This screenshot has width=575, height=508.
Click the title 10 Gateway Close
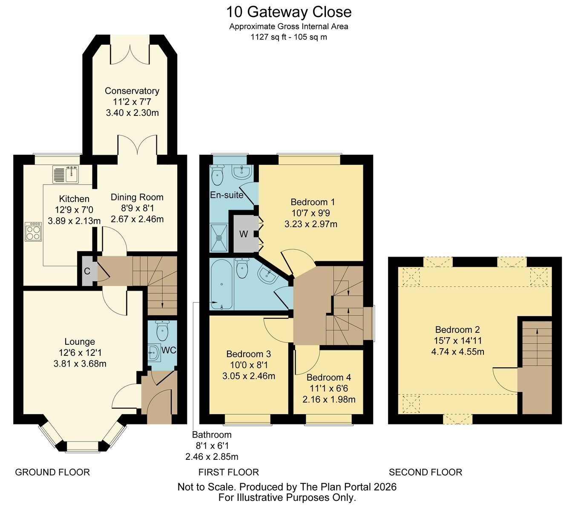coord(289,12)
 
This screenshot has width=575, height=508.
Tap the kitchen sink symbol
coord(66,174)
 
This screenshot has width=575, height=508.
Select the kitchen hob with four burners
coord(34,232)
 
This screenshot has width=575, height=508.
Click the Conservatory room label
coord(132,91)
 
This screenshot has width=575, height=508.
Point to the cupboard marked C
coord(87,271)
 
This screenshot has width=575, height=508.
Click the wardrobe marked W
coord(244,234)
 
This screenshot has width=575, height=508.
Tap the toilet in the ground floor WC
coord(163,331)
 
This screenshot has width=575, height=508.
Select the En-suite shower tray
coord(219,238)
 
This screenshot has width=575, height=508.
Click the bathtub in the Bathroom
coord(221,284)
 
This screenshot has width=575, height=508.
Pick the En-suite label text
coord(227,195)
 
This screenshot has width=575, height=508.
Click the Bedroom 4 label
coord(329,378)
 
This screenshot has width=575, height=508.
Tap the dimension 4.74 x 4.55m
coord(457,352)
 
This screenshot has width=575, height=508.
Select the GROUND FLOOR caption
coord(52,472)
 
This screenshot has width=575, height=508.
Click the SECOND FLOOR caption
coord(425,472)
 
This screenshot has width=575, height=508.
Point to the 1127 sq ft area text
coord(268,37)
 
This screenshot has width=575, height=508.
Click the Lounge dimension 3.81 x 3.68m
coord(80,364)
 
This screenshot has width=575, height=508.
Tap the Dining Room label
coord(137,197)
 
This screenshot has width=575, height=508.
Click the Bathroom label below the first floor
coord(212,435)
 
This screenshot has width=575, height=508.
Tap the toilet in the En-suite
coord(217,174)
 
